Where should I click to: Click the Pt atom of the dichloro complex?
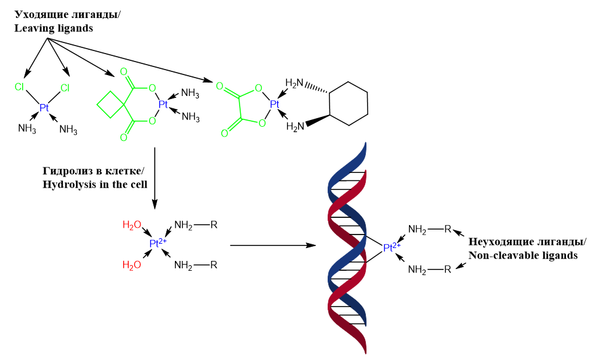click(44, 108)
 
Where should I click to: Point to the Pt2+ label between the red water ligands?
click(158, 244)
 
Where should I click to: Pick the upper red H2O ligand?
click(132, 225)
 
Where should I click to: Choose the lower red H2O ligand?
click(132, 265)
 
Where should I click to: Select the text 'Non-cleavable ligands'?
click(523, 255)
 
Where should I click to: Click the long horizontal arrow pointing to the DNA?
click(272, 246)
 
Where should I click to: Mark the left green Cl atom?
click(19, 87)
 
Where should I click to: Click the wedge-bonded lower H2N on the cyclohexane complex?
click(296, 127)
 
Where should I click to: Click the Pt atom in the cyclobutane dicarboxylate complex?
click(163, 104)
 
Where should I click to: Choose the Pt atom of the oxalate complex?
click(275, 104)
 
